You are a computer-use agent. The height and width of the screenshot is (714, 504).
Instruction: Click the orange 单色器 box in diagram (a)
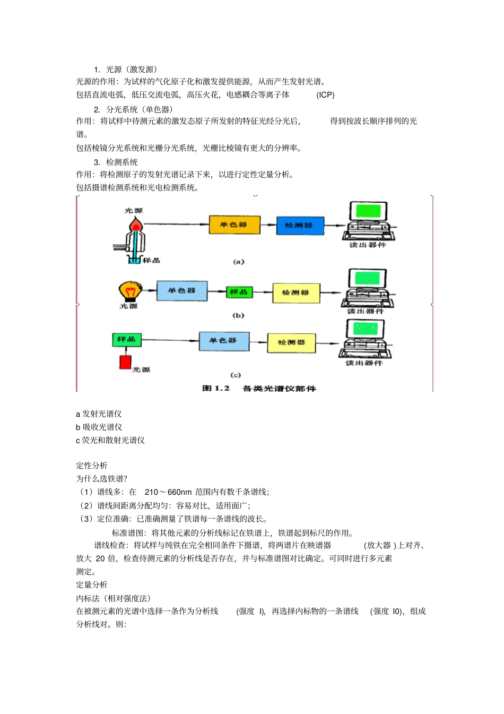234,225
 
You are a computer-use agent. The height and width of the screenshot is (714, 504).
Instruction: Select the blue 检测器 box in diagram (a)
300,226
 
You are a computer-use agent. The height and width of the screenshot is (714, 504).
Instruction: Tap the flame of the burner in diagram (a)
137,226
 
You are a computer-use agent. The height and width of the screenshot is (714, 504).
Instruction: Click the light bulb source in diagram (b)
129,291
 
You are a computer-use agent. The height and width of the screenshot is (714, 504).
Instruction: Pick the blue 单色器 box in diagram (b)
182,291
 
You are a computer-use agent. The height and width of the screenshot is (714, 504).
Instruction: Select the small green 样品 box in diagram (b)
239,292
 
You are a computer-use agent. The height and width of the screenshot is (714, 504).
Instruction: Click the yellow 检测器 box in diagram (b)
296,293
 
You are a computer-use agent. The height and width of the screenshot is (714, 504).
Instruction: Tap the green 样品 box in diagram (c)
127,339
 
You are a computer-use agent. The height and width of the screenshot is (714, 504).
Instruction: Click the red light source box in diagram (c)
125,362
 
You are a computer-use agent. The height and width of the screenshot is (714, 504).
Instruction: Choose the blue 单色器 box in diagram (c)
224,341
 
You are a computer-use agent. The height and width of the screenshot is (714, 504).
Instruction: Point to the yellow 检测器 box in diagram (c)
291,343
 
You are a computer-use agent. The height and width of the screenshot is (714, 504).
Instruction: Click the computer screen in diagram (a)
368,211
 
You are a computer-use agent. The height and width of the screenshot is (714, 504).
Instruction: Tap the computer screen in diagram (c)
365,329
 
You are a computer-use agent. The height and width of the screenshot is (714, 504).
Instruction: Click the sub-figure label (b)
238,315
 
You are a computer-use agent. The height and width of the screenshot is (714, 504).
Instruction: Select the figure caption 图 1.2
216,389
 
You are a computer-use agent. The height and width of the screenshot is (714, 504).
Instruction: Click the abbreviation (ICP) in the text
325,95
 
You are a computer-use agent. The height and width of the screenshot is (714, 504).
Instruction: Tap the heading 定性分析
92,466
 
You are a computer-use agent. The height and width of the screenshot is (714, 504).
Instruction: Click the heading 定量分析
92,585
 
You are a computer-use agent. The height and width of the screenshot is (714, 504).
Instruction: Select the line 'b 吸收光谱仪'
99,427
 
